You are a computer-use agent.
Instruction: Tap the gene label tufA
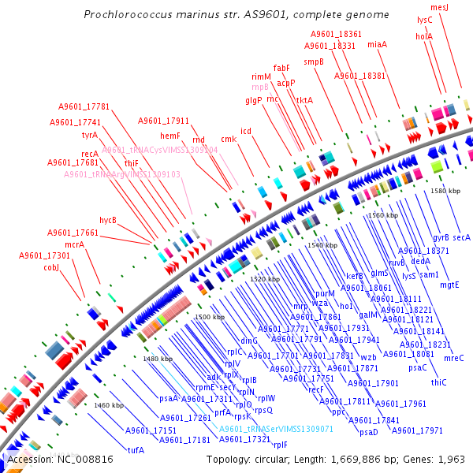click(136, 450)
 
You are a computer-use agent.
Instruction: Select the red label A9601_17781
click(84, 106)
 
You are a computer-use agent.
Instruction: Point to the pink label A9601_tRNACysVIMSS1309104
click(160, 149)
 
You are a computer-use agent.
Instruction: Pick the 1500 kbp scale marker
click(208, 316)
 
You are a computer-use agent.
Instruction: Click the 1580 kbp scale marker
click(444, 190)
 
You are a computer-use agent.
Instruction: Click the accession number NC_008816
click(81, 459)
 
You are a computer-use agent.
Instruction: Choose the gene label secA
click(461, 237)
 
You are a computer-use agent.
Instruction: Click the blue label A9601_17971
click(417, 430)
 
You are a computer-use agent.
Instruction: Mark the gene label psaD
click(369, 432)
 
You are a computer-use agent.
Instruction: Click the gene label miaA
click(377, 45)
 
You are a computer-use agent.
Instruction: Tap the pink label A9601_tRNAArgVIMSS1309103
click(122, 174)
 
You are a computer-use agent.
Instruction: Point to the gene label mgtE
click(449, 285)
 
